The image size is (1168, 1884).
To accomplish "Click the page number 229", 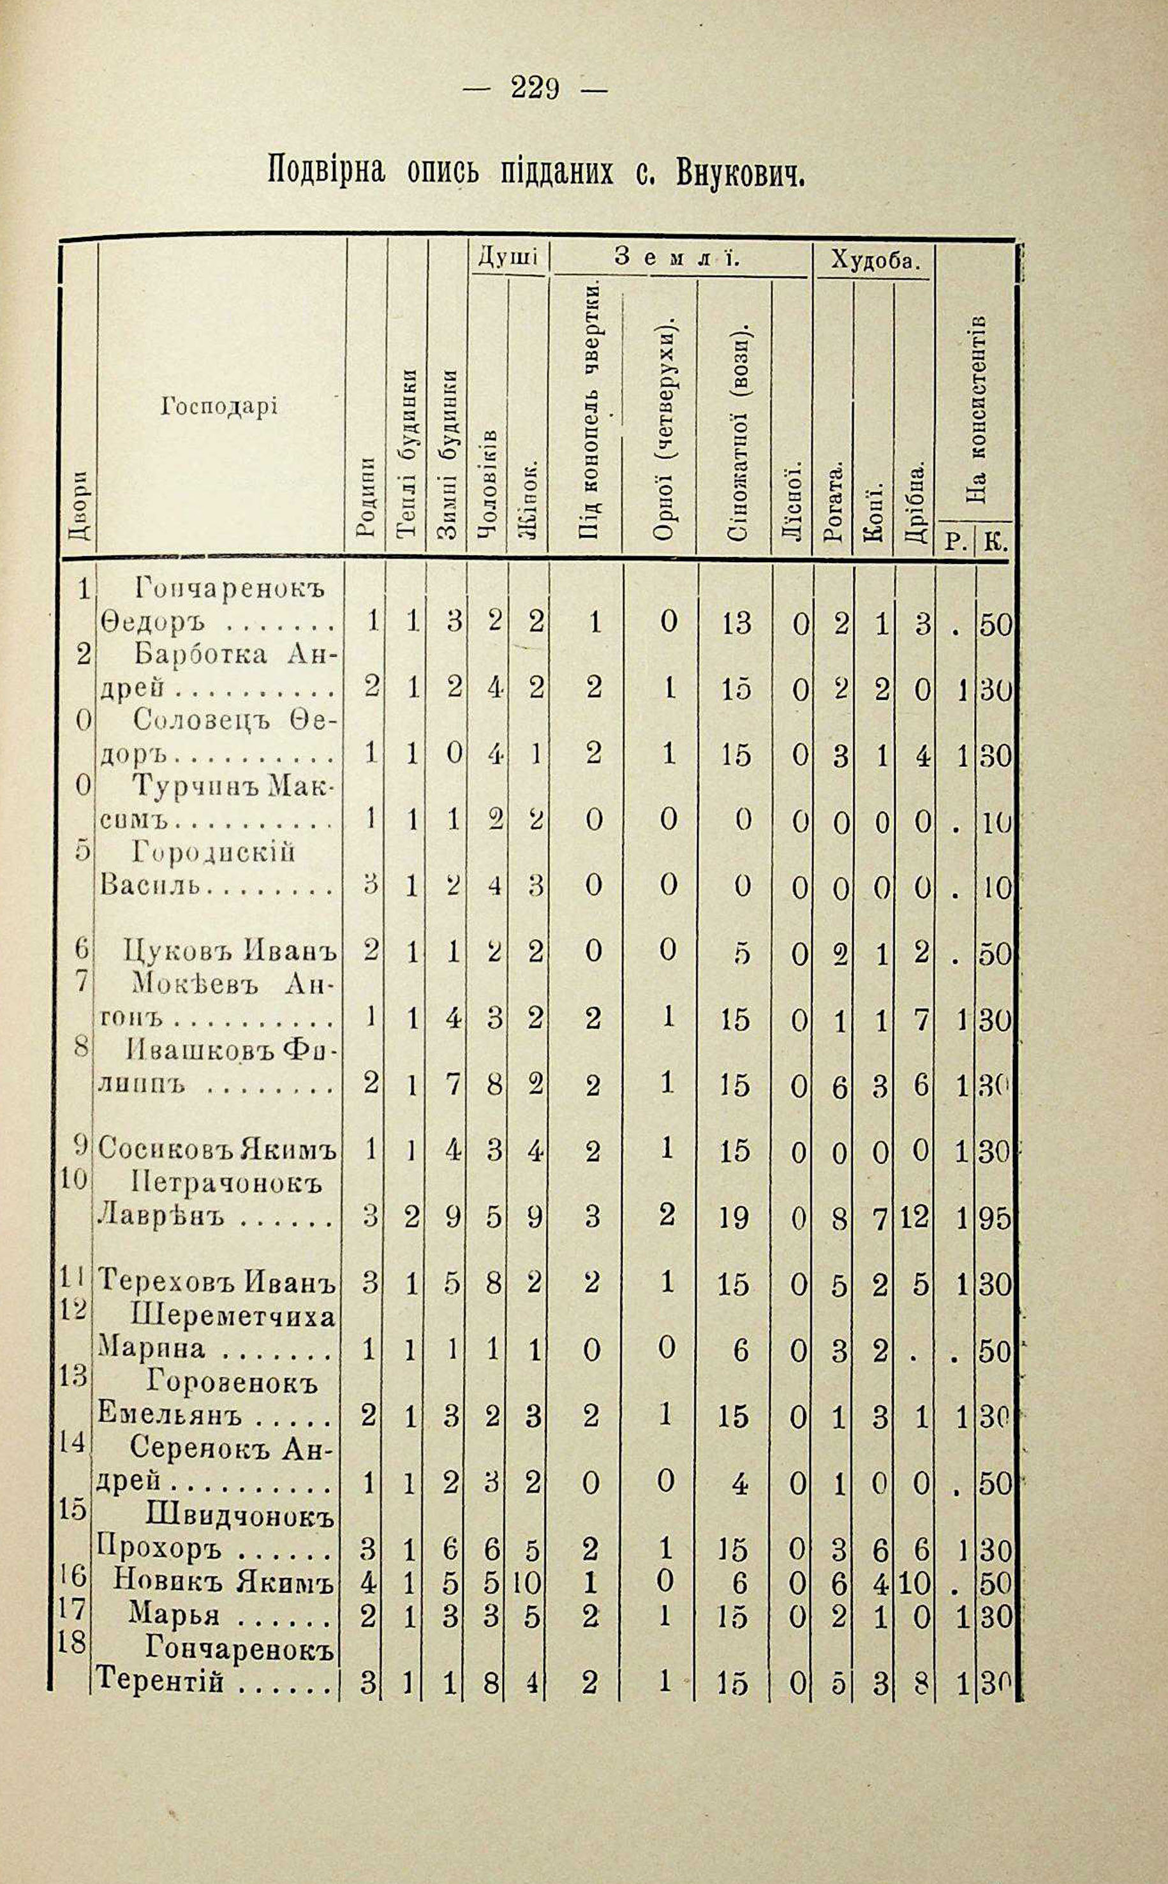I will pos(534,91).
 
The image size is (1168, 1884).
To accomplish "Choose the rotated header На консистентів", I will pos(975,410).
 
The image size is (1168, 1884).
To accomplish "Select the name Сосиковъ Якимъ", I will pos(218,1152).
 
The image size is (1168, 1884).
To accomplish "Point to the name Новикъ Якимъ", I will pos(223,1583).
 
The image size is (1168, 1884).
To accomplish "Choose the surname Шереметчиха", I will pos(234,1316).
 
